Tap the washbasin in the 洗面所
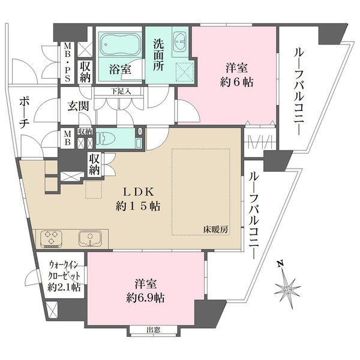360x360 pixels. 180,41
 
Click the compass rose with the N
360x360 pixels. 288,289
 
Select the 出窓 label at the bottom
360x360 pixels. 153,329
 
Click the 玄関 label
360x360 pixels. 77,106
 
